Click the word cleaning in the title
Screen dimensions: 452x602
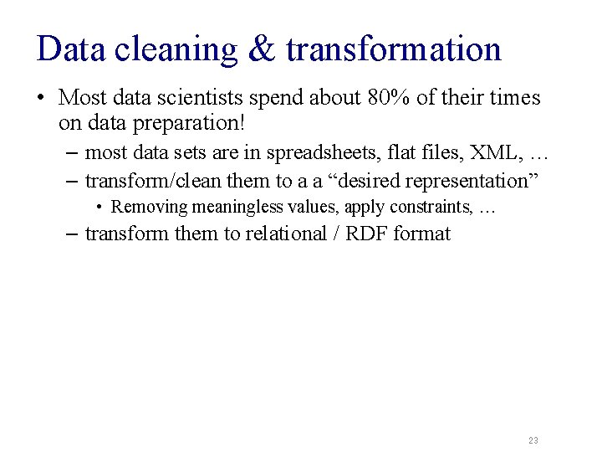coord(176,50)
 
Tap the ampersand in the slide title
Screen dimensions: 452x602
coord(261,49)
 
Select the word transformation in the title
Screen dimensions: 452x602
coord(393,49)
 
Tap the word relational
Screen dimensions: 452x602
coord(287,234)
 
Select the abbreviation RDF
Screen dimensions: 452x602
coord(365,234)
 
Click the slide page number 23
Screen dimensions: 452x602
coord(533,440)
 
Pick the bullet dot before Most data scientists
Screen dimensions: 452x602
coord(41,99)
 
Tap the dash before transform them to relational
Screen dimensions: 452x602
coord(73,234)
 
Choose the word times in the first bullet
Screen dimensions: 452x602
coord(515,98)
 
